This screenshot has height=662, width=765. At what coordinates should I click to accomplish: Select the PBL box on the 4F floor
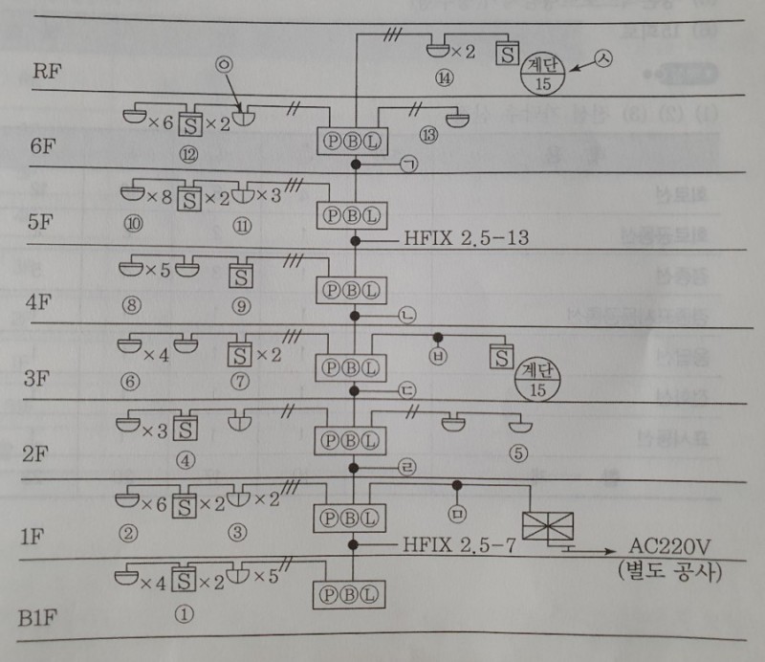350,289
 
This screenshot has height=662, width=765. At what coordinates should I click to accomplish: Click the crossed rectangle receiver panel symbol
548,525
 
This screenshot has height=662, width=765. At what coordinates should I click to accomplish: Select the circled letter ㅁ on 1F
457,516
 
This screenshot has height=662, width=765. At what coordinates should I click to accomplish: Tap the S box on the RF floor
506,51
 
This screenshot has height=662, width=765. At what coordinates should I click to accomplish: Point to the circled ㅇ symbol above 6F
223,65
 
